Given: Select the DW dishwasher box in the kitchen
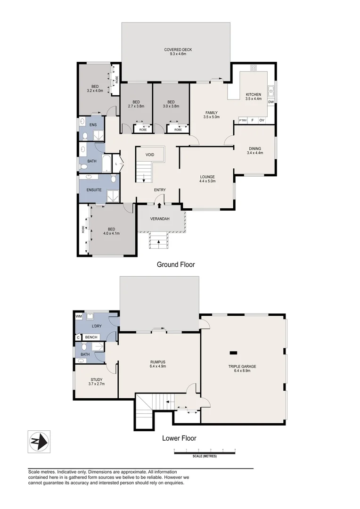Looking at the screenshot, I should tap(271, 102).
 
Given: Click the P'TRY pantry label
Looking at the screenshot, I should tap(243, 121).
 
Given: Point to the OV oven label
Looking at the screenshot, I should tap(262, 121).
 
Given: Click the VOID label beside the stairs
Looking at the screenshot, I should tap(150, 155).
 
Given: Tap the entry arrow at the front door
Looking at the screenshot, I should tap(159, 205).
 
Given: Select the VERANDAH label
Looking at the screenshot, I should tap(160, 219).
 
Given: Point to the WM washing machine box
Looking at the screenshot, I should tap(78, 317).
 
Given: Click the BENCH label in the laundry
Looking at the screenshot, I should tap(91, 337).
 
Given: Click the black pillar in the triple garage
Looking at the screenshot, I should tap(233, 353).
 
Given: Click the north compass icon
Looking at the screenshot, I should tap(39, 442).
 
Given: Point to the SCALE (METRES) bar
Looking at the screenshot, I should tap(205, 452).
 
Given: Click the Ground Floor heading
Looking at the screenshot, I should tap(175, 265).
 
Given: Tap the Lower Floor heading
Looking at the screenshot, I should tap(179, 438).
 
